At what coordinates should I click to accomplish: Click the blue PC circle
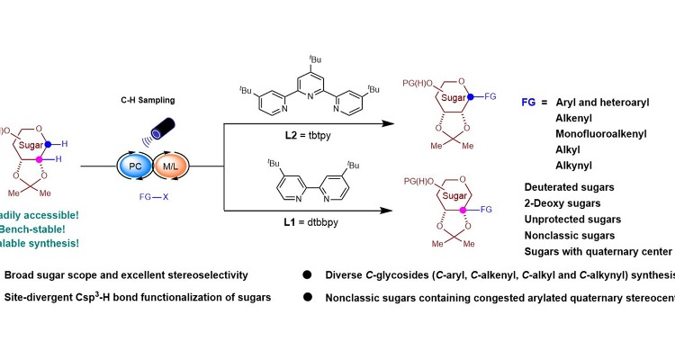pos(135,170)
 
